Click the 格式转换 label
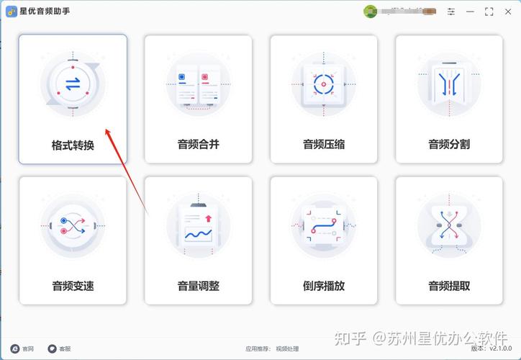(x=73, y=145)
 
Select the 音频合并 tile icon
(x=198, y=85)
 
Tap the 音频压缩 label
(x=324, y=145)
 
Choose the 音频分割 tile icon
(x=449, y=85)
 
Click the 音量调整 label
(x=198, y=287)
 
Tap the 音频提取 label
(x=449, y=287)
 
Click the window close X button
(x=507, y=12)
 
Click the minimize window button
(x=470, y=12)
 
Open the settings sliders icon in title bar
(x=451, y=12)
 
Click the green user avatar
(x=371, y=12)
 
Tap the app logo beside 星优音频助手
(x=12, y=12)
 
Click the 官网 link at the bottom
(x=22, y=348)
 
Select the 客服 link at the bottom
(x=60, y=348)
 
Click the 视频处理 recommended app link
(x=286, y=348)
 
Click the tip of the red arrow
(x=107, y=130)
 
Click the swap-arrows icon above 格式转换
(x=73, y=84)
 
